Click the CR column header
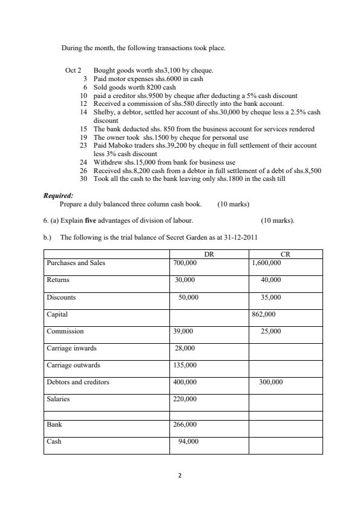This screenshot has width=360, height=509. (286, 254)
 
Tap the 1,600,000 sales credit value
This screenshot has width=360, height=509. (266, 263)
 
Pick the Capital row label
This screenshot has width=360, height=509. (57, 314)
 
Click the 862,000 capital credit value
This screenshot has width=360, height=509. (263, 314)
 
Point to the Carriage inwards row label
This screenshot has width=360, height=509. (71, 348)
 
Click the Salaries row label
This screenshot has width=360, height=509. (58, 399)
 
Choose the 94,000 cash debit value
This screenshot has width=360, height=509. (188, 442)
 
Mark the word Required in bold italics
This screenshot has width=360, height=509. (58, 195)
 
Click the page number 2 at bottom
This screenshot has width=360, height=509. (180, 476)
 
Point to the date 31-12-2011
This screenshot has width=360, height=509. (241, 237)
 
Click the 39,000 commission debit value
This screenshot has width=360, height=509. (183, 331)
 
